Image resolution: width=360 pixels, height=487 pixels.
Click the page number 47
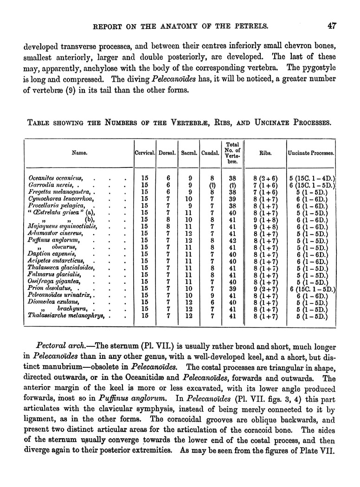(331, 26)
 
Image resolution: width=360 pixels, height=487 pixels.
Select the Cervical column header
(144, 152)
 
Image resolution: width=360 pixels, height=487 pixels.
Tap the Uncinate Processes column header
(312, 152)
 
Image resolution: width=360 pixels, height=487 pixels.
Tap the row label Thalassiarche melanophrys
(65, 317)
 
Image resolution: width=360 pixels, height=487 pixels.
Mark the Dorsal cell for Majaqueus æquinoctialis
(168, 227)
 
